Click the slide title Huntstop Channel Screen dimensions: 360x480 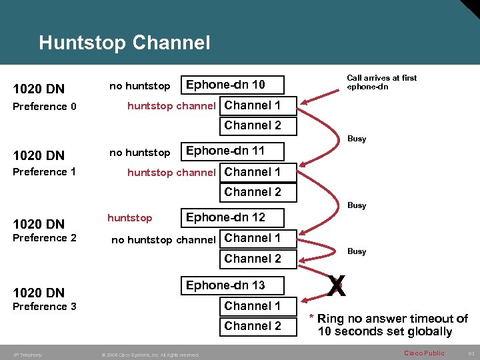tap(124, 43)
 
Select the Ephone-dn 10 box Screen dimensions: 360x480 tap(233, 85)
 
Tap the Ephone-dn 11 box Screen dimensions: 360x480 tap(233, 151)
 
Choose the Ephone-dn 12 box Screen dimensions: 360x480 tap(233, 217)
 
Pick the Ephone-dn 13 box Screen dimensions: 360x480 tap(233, 285)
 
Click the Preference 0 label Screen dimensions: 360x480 tap(45, 107)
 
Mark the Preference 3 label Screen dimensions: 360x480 tap(45, 307)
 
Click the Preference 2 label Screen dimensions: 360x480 tap(45, 238)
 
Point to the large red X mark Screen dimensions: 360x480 tap(337, 287)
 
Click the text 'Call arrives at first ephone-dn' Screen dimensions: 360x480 tap(381, 82)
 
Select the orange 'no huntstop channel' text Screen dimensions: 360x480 tap(163, 239)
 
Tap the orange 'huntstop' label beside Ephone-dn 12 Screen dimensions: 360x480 tap(129, 218)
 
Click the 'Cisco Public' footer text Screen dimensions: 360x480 tap(424, 353)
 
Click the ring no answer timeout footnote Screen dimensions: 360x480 tap(389, 325)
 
